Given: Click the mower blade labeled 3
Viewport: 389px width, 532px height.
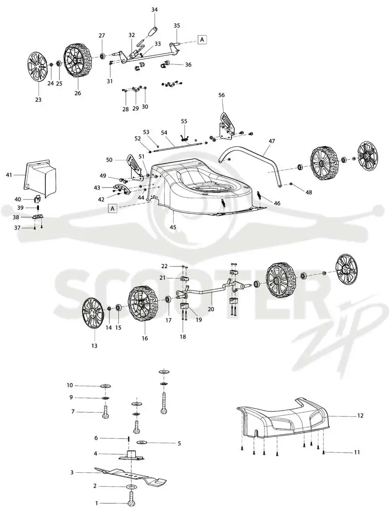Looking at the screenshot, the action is [x=131, y=475].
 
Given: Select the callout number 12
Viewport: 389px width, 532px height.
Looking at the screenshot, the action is [x=360, y=415].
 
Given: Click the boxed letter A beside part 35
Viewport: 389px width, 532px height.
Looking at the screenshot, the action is [x=202, y=39].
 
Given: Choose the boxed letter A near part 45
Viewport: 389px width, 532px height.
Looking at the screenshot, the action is [x=112, y=208].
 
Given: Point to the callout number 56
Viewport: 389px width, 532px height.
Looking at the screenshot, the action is [x=221, y=95].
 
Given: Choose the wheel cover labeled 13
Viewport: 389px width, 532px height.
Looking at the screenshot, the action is [x=93, y=312].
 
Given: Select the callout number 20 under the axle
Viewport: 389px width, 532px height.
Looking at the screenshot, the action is [x=211, y=309].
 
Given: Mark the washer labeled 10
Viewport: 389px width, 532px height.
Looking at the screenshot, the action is [x=106, y=386].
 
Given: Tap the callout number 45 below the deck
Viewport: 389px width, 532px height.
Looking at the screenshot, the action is [x=173, y=227].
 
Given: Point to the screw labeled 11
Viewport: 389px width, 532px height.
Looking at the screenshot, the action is [x=323, y=452].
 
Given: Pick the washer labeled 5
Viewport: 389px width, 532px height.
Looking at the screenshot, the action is [x=141, y=443].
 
